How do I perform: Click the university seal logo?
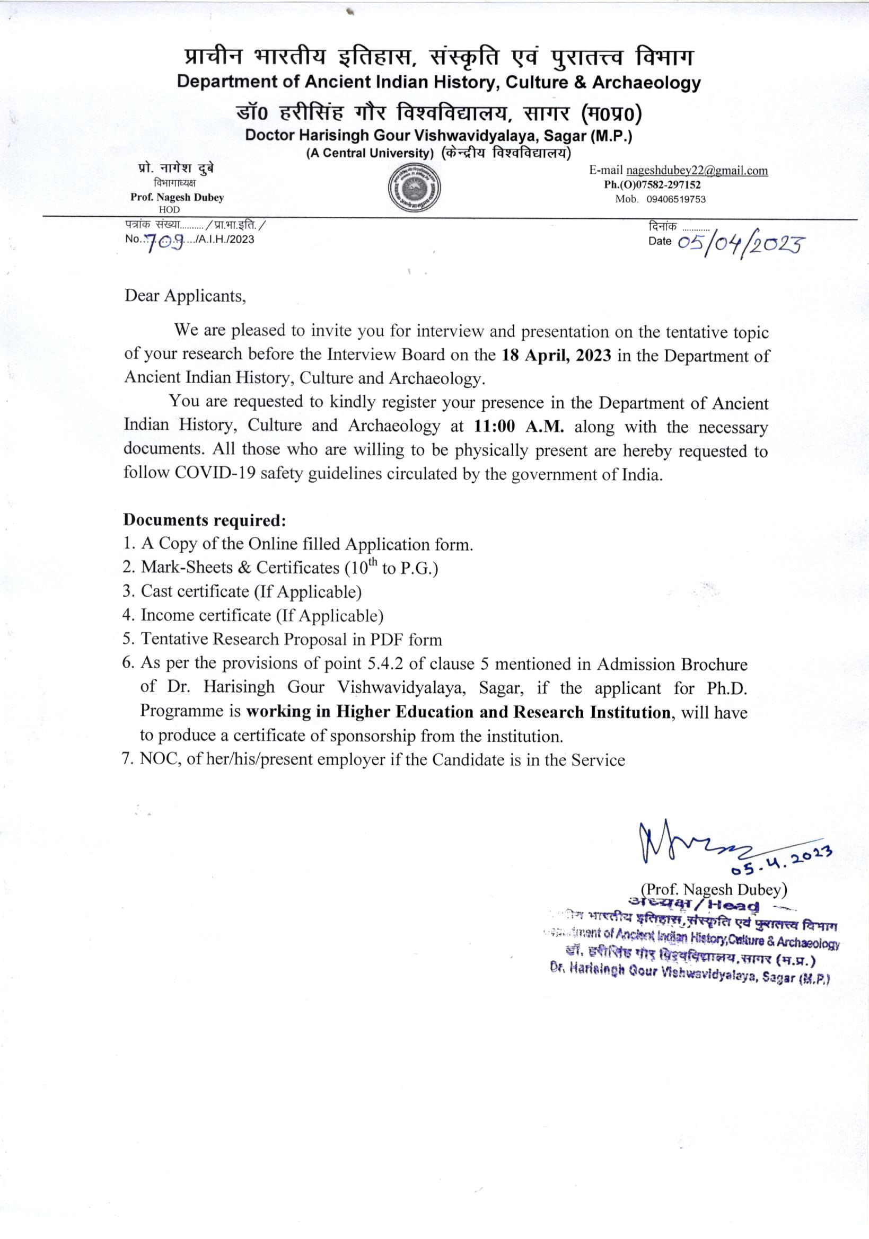[415, 188]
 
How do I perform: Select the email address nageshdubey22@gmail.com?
[696, 171]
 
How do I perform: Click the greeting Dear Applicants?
[185, 296]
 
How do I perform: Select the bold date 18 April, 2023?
[556, 355]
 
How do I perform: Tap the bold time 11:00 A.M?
[519, 426]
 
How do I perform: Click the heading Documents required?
[205, 520]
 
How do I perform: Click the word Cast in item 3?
[156, 591]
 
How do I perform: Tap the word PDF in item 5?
[386, 640]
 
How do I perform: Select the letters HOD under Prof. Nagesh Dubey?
[170, 209]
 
